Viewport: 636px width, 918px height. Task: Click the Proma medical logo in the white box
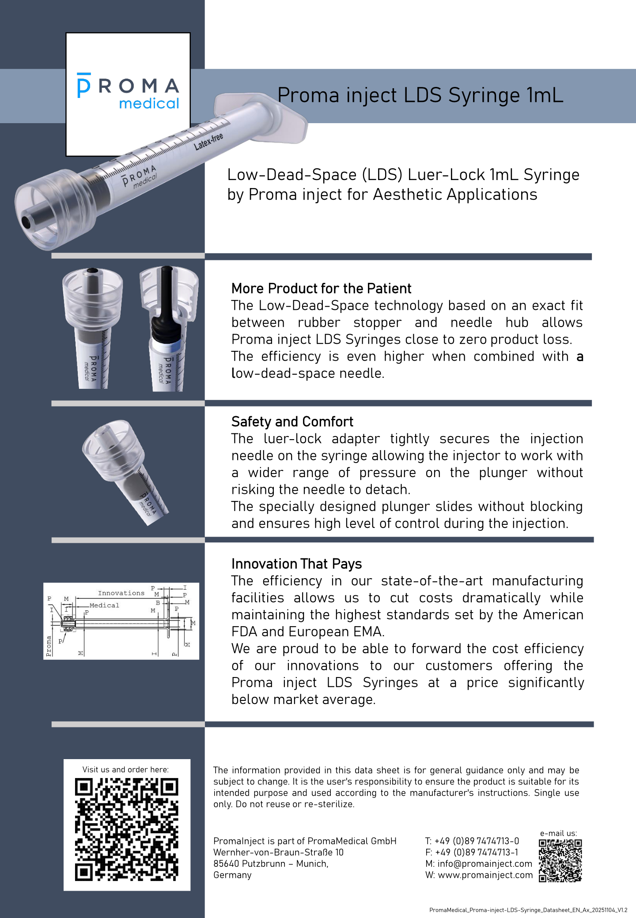(128, 91)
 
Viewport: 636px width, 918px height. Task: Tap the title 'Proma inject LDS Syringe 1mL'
(420, 95)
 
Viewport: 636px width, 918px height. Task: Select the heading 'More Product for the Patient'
(321, 289)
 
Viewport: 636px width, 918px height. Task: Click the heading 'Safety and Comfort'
(292, 422)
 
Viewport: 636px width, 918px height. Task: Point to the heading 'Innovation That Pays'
(296, 564)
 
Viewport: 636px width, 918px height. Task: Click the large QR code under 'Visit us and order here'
(127, 829)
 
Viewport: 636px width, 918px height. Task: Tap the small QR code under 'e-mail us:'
(560, 860)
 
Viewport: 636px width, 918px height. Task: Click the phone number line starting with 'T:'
(472, 841)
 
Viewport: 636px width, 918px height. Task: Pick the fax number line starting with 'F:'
(472, 853)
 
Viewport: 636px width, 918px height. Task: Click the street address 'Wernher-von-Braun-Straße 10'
(278, 853)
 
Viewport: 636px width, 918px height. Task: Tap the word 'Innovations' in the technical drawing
(121, 593)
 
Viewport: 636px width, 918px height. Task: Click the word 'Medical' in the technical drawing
(104, 606)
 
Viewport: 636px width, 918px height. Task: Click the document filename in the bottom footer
(528, 910)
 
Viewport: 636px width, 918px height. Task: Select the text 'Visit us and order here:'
(125, 770)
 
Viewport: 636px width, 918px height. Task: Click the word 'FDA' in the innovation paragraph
(244, 632)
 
